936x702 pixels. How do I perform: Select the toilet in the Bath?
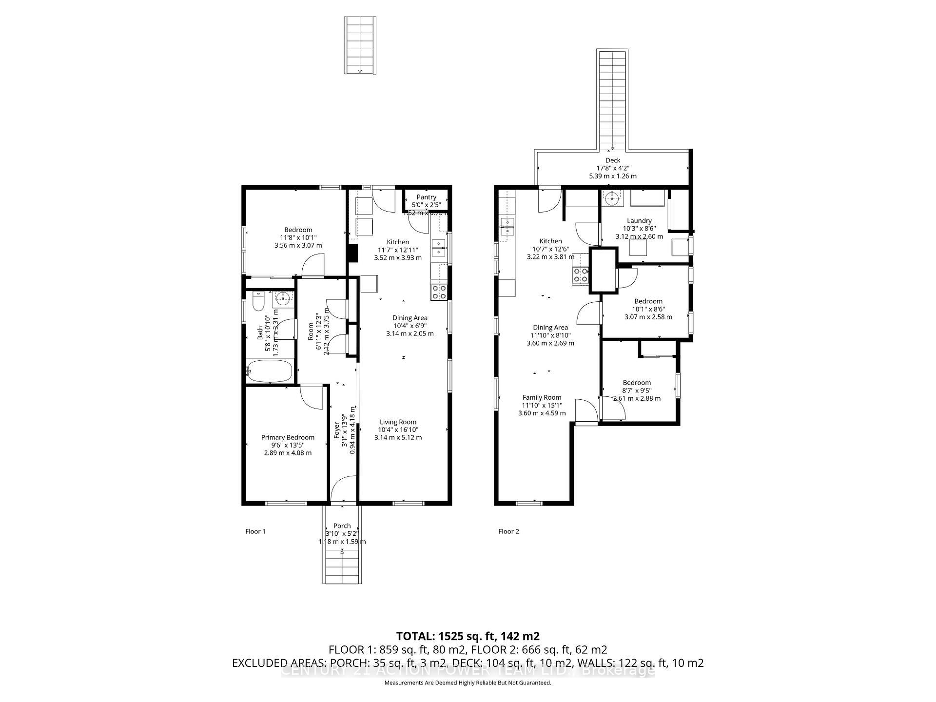point(258,301)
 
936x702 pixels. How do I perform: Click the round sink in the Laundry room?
point(611,198)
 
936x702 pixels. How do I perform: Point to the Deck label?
point(613,160)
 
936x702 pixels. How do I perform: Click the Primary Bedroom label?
point(288,437)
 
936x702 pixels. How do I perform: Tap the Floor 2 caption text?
point(508,531)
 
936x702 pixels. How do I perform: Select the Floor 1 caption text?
point(255,531)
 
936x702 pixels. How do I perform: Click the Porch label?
point(342,526)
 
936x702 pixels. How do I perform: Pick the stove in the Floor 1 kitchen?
point(439,292)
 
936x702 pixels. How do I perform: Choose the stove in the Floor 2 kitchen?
point(580,275)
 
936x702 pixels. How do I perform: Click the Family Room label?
point(542,397)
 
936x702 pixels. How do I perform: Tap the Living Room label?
point(398,422)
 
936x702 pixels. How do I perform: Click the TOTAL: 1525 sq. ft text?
point(468,636)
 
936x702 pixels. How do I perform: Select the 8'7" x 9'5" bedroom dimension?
point(637,390)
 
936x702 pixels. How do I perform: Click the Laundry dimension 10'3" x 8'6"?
point(639,229)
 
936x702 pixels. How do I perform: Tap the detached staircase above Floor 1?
point(360,45)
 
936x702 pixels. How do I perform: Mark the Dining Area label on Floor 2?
point(550,328)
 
